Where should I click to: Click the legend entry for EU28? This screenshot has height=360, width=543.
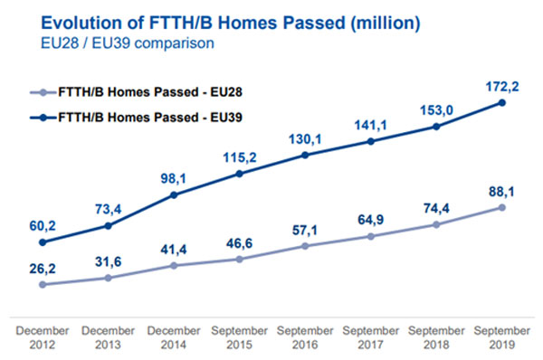point(150,91)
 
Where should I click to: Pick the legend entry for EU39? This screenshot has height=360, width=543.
point(150,118)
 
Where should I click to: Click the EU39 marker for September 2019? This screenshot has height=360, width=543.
point(502,102)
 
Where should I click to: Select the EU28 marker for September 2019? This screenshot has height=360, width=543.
point(502,207)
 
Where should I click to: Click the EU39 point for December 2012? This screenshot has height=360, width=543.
point(43,242)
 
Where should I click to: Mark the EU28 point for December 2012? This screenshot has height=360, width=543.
point(43,284)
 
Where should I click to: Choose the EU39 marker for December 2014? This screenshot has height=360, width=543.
point(174,194)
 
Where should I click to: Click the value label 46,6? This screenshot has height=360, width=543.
point(239,242)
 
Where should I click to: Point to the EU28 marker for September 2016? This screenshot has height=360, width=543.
point(305,246)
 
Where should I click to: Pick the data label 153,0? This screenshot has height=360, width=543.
point(436,109)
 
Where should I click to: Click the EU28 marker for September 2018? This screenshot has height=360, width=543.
point(436,224)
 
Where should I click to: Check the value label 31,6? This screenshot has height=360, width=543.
point(108,261)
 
